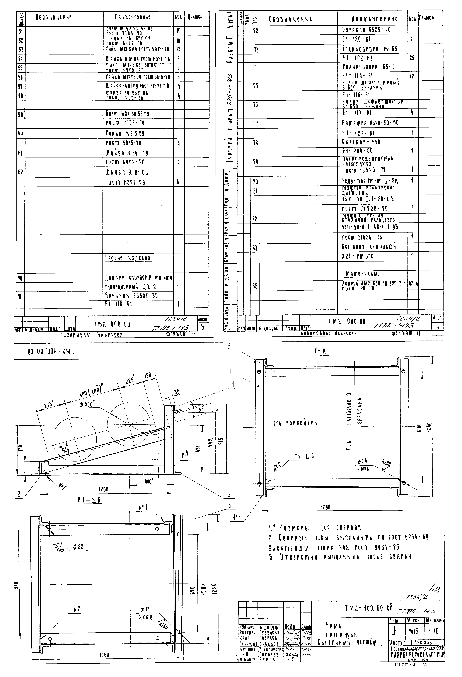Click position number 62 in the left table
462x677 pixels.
point(20,172)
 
